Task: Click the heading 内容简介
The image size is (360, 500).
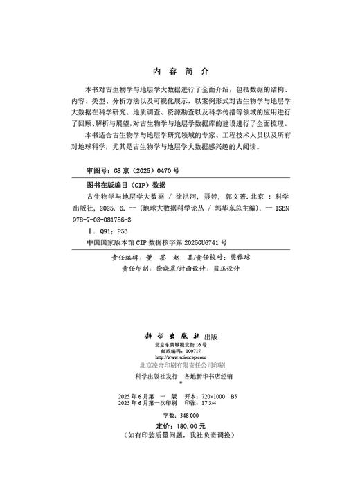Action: (x=179, y=71)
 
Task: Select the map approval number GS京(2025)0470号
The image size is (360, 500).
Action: (x=132, y=170)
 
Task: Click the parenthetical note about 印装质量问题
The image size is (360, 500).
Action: (x=179, y=436)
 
